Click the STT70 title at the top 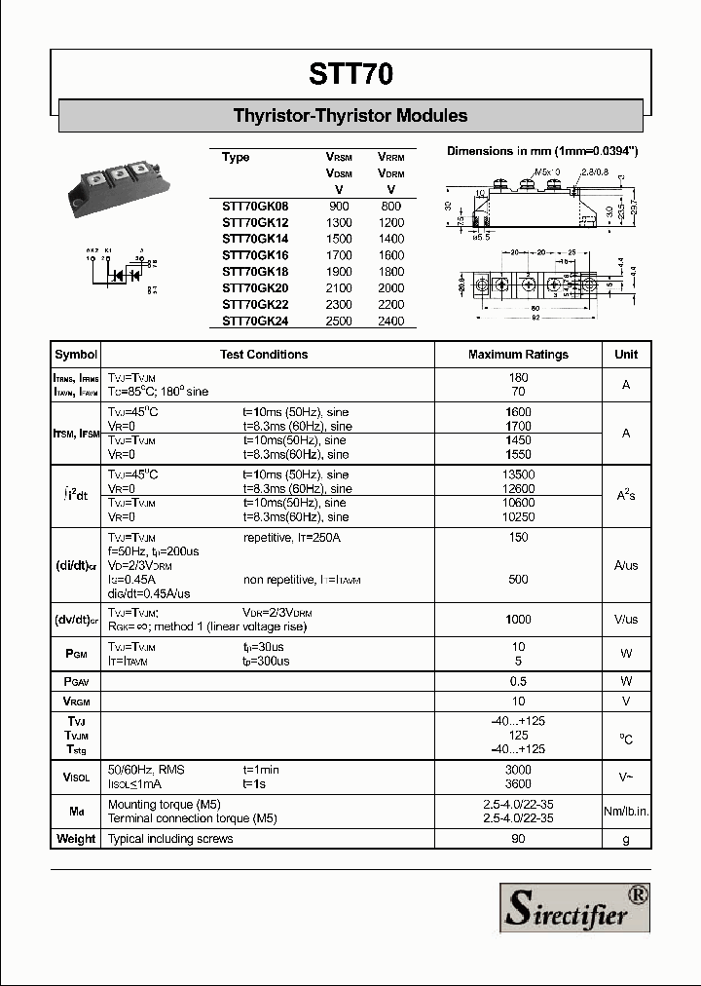pos(351,74)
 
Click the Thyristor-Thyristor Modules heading pos(350,116)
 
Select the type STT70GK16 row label pos(255,254)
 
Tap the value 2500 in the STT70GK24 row pos(339,321)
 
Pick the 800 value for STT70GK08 pos(390,206)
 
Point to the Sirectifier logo pos(574,908)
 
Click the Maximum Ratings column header pos(518,355)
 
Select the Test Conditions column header pos(264,355)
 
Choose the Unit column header pos(626,355)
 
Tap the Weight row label pos(76,839)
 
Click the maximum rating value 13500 pos(518,474)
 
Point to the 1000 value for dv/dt pos(518,620)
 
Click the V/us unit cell pos(626,620)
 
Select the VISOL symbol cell pos(76,777)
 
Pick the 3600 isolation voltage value pos(518,784)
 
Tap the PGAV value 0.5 pos(518,681)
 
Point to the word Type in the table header pos(236,158)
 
